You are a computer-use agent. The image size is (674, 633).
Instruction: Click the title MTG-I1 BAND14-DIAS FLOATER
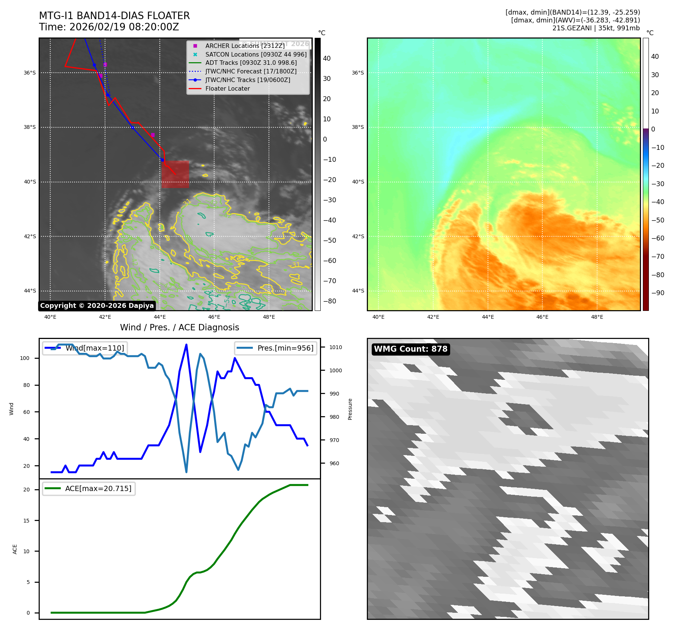pyautogui.click(x=114, y=16)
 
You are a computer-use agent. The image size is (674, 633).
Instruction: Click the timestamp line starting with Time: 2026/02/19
pyautogui.click(x=109, y=27)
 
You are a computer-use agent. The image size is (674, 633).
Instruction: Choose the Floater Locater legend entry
pyautogui.click(x=227, y=88)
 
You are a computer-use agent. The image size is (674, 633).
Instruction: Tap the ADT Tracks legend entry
pyautogui.click(x=251, y=63)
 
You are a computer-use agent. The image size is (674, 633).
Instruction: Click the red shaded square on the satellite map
pyautogui.click(x=175, y=174)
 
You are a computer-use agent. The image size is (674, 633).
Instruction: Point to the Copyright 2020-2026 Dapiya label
pyautogui.click(x=97, y=306)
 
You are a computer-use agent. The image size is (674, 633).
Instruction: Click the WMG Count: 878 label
pyautogui.click(x=411, y=349)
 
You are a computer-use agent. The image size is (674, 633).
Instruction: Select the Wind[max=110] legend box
pyautogui.click(x=85, y=348)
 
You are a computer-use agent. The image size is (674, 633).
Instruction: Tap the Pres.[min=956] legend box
pyautogui.click(x=276, y=348)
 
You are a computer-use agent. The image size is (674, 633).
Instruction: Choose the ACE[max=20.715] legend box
pyautogui.click(x=89, y=488)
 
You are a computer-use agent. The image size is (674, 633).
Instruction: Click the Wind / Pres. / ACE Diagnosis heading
pyautogui.click(x=179, y=327)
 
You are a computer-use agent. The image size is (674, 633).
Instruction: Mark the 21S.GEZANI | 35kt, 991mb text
pyautogui.click(x=596, y=28)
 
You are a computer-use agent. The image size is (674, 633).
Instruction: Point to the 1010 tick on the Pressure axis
pyautogui.click(x=336, y=347)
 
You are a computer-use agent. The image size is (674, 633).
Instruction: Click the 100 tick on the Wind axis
pyautogui.click(x=24, y=358)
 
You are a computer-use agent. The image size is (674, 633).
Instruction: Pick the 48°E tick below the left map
pyautogui.click(x=269, y=317)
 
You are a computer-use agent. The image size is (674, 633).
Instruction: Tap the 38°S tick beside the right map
pyautogui.click(x=357, y=127)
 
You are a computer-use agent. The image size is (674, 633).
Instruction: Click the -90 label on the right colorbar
pyautogui.click(x=657, y=293)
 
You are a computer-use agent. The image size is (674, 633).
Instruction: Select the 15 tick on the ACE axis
pyautogui.click(x=26, y=521)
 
